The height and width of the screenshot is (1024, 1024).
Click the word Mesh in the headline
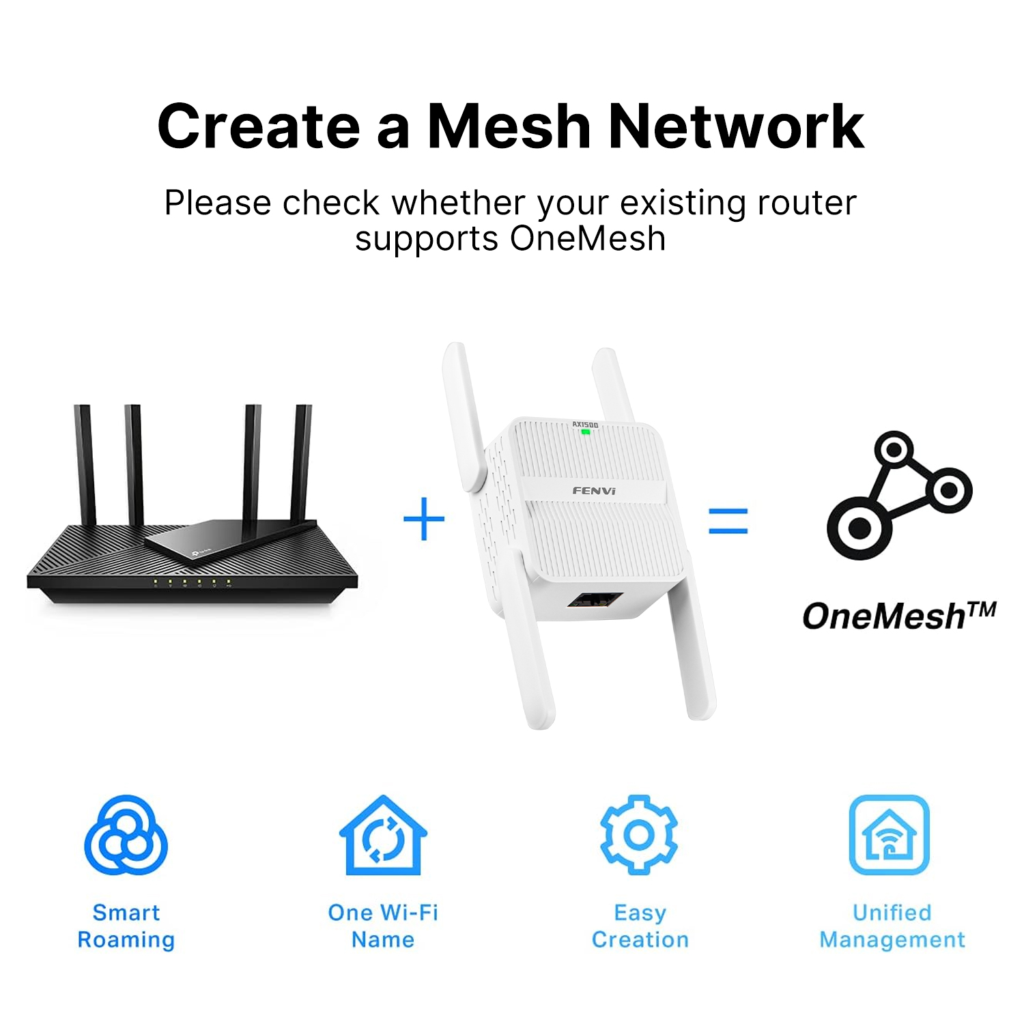click(x=509, y=126)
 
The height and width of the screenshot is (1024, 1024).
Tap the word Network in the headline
click(x=736, y=126)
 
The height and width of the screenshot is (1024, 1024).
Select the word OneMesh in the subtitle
click(x=587, y=239)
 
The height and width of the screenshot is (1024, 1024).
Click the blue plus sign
click(x=424, y=519)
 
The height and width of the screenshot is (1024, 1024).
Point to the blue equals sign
click(x=728, y=520)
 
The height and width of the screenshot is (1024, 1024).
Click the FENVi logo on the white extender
click(x=594, y=491)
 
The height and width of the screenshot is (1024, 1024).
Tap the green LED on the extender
click(x=585, y=432)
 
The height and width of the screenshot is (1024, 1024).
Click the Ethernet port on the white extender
click(x=594, y=601)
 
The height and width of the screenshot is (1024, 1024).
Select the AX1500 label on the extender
click(x=585, y=425)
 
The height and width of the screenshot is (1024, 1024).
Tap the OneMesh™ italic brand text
click(x=898, y=616)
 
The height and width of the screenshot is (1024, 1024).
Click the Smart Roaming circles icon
click(x=126, y=835)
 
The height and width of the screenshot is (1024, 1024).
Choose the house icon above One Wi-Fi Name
click(x=383, y=836)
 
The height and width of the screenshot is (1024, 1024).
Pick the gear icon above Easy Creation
click(x=639, y=834)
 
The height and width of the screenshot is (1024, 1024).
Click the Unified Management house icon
click(x=889, y=835)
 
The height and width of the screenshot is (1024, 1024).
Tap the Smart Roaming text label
click(x=126, y=926)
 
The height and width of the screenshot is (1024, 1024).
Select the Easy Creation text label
click(x=640, y=926)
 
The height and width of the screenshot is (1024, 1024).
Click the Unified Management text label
click(x=892, y=926)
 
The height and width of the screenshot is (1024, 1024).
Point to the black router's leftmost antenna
click(x=84, y=464)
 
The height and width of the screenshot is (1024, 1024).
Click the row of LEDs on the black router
click(x=192, y=582)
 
